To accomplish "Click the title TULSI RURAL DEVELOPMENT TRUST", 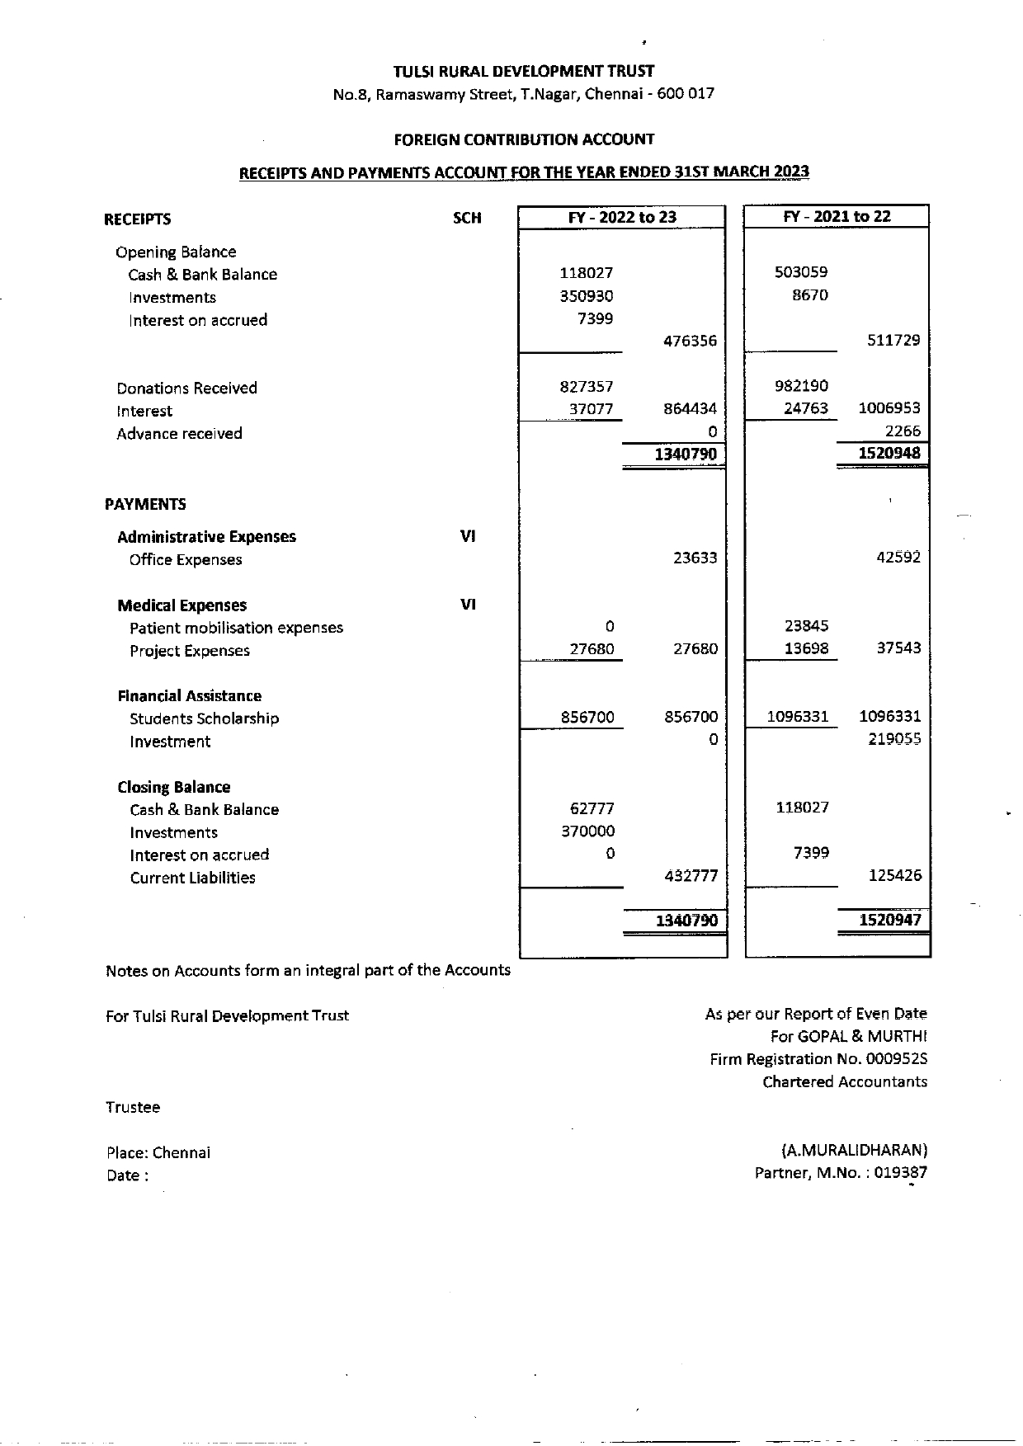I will (524, 72).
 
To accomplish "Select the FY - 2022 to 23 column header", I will (622, 217).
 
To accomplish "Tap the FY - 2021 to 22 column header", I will (837, 216).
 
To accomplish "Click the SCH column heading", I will (467, 219).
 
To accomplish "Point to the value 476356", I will (690, 341).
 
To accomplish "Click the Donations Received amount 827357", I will (586, 386).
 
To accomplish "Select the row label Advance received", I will (179, 434).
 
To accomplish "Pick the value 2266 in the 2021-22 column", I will (903, 431).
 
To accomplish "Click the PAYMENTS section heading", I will (145, 504).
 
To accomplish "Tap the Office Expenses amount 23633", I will (695, 558).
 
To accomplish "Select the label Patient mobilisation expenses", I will (236, 628).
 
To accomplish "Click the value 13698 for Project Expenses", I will (806, 648).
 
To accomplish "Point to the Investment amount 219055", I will (894, 739).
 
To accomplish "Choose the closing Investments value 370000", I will (587, 831).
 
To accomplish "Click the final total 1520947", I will (889, 920).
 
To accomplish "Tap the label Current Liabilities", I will (192, 878).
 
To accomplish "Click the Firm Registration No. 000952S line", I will (818, 1059).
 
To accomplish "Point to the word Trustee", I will (133, 1107).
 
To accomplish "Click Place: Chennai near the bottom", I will (158, 1152).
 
